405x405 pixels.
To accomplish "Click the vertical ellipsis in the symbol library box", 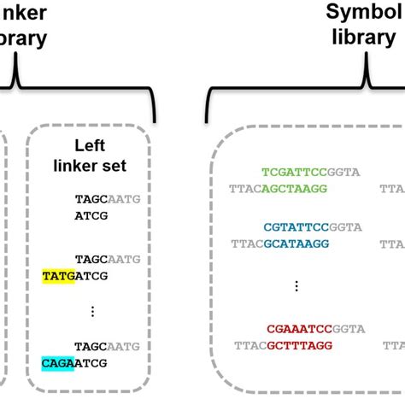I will coord(296,285).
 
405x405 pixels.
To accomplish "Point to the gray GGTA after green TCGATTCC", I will coord(345,171).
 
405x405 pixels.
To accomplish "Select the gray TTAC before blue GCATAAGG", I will coord(245,243).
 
